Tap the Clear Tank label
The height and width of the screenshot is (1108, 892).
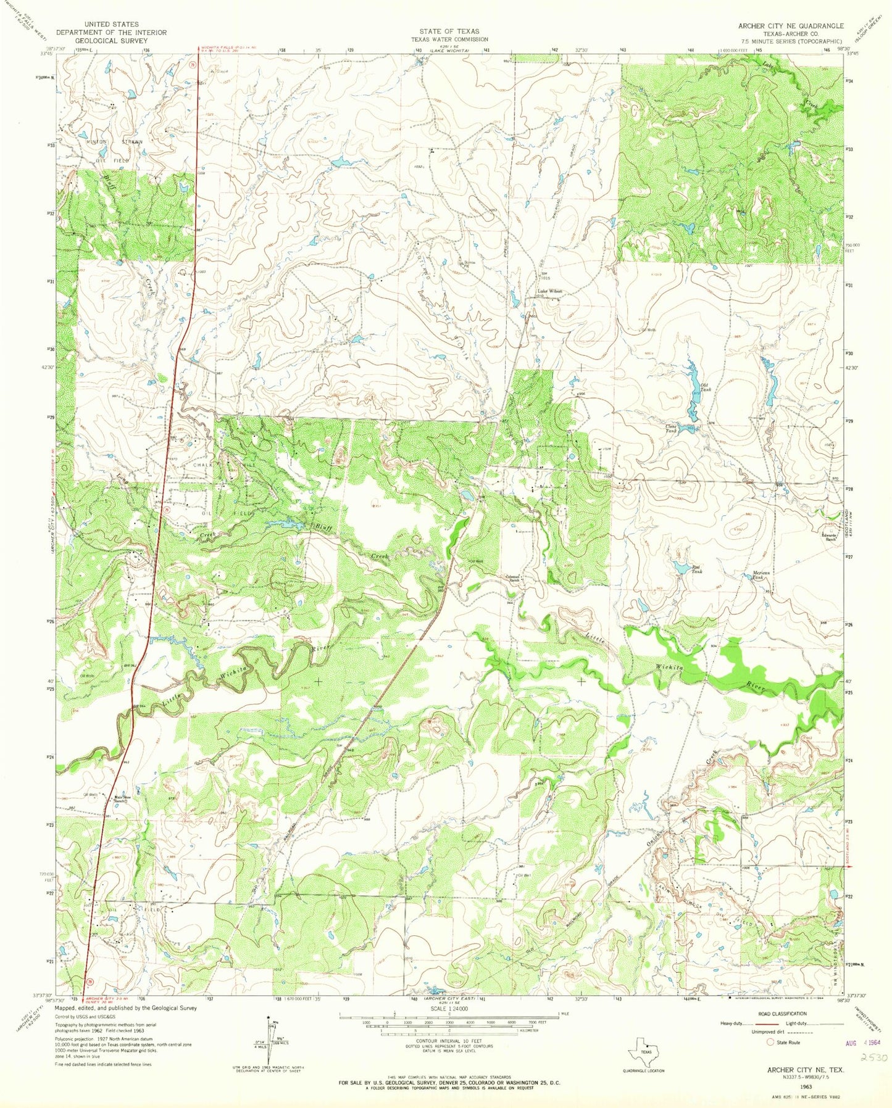pos(671,429)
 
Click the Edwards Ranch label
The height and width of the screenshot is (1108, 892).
pos(832,537)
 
